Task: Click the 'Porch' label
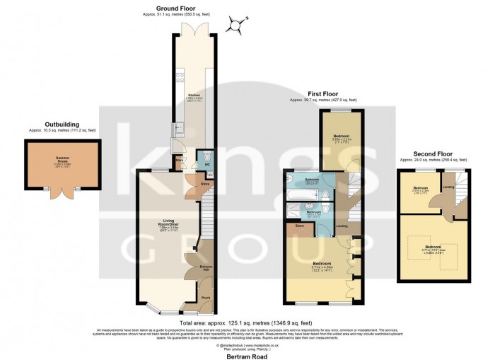coord(206,298)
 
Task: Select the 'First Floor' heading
coord(320,93)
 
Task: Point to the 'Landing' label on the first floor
coord(342,226)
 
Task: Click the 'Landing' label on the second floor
coord(448,187)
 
